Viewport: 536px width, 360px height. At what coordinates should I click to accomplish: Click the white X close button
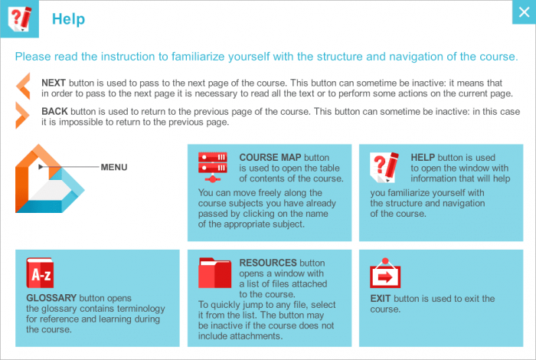(523, 13)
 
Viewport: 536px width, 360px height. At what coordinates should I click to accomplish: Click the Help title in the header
(68, 19)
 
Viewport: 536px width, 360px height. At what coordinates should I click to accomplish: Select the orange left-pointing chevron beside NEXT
(23, 86)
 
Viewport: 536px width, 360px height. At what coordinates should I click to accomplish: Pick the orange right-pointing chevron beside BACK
(23, 116)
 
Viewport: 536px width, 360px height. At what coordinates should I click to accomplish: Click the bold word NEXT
(54, 82)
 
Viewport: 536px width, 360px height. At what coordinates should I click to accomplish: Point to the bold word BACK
(54, 110)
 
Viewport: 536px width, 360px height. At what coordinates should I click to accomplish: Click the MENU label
(114, 167)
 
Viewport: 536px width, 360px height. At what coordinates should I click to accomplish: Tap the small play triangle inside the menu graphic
(40, 166)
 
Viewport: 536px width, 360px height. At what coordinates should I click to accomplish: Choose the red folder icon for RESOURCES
(214, 273)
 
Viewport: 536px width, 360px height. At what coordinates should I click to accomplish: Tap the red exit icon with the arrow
(385, 273)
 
